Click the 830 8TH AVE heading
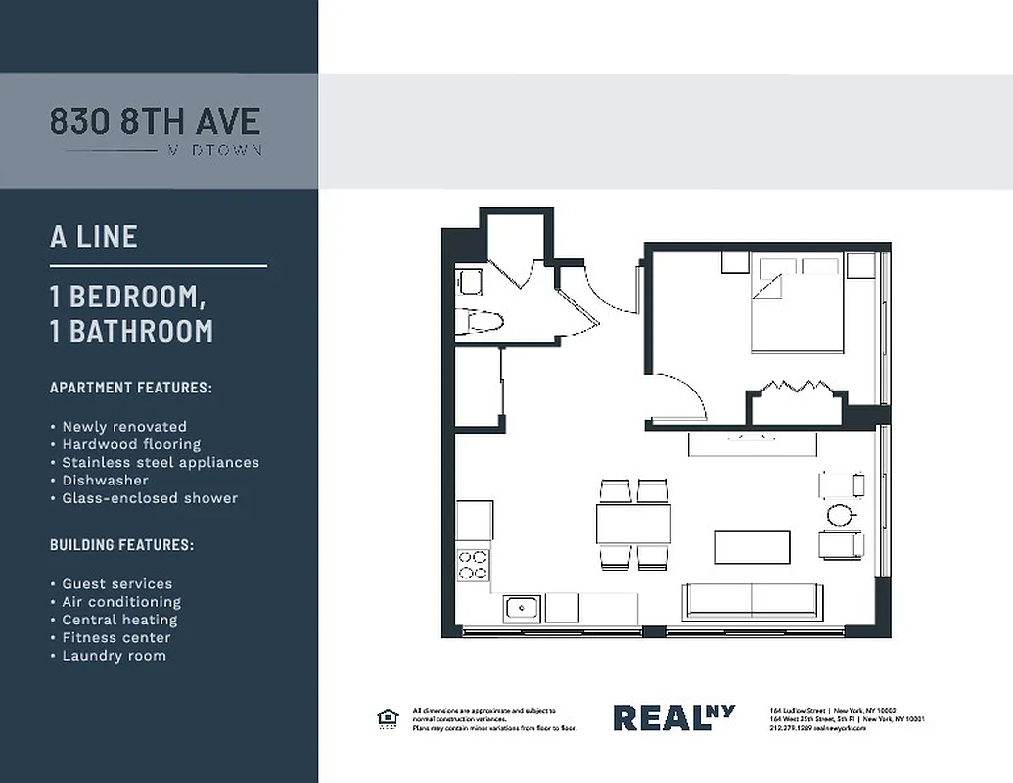click(x=155, y=121)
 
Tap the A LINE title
click(x=94, y=237)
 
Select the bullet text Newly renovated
click(x=123, y=427)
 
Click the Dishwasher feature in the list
click(x=105, y=481)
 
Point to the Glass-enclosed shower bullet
click(x=150, y=498)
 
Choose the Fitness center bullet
click(x=115, y=638)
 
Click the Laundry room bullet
click(x=114, y=656)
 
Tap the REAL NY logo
click(x=673, y=717)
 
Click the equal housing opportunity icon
click(x=388, y=718)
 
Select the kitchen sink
click(x=522, y=608)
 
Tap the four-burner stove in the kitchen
click(x=474, y=564)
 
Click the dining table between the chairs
click(x=634, y=524)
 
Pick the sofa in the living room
click(x=752, y=600)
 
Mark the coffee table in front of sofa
click(x=752, y=547)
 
